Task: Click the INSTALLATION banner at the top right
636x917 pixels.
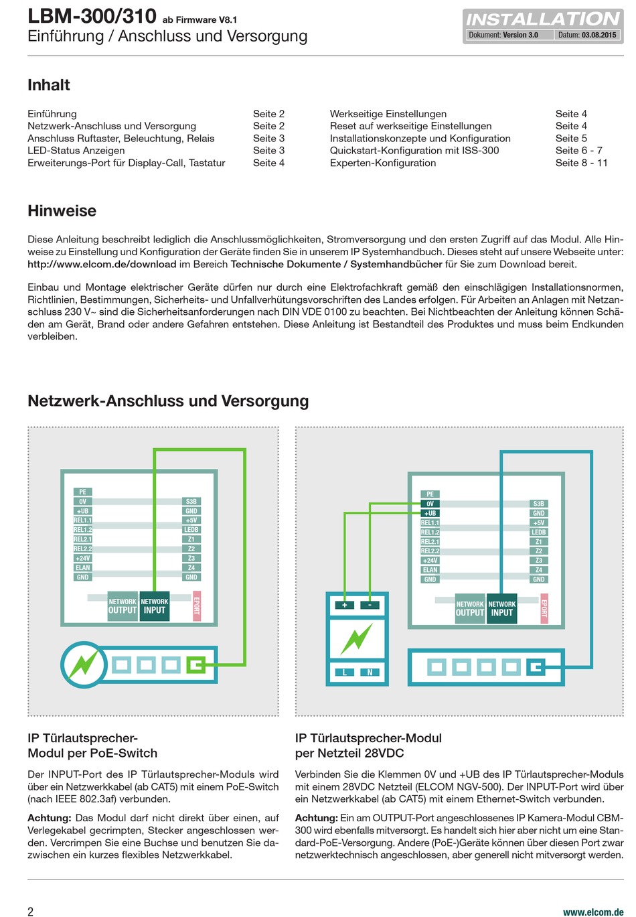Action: [542, 19]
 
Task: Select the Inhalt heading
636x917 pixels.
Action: [49, 85]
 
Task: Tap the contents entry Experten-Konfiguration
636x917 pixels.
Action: [382, 163]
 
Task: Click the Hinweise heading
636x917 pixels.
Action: [62, 211]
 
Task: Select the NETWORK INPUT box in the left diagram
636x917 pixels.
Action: [155, 606]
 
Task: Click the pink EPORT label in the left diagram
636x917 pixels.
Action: [196, 606]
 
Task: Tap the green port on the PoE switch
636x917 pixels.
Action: [195, 665]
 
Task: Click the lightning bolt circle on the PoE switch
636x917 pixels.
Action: [83, 665]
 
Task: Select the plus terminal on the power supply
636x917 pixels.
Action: [345, 605]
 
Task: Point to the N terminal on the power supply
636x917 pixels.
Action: [370, 672]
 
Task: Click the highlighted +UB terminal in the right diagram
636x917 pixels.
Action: [430, 513]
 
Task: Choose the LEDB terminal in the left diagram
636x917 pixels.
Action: [191, 530]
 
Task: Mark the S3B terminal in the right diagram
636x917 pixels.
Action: [538, 504]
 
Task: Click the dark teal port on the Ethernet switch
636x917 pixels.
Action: [536, 667]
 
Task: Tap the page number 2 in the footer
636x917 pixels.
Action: [31, 911]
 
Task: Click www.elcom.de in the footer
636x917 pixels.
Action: [593, 912]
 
